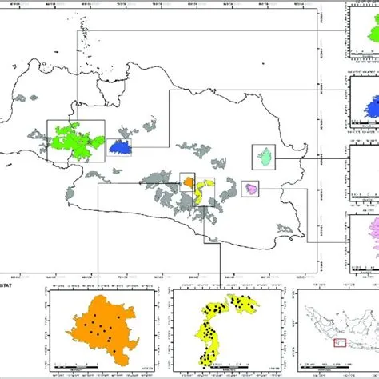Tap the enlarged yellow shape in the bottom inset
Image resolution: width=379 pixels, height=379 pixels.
216,320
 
